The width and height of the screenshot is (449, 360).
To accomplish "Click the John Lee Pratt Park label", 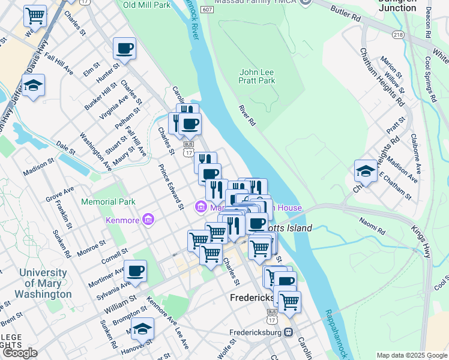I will pos(258,76).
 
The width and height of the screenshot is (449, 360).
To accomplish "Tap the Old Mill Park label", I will pos(146,5).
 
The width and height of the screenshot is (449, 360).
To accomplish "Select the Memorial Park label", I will pos(109,202).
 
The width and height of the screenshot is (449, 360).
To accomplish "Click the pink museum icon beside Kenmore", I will pos(148,220).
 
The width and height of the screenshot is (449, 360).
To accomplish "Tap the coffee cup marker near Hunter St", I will pos(124,49).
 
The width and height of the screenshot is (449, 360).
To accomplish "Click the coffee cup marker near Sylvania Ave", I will pos(136,271).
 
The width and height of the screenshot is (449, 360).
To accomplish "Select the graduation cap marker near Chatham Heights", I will pos(366,171).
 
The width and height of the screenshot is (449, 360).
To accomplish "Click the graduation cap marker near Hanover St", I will pos(142,329).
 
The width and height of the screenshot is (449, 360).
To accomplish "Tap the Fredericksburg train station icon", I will pos(288,332).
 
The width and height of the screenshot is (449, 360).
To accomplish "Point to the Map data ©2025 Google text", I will pos(411,355).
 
